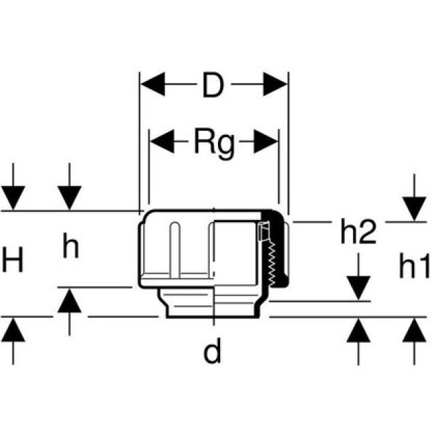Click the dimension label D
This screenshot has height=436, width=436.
(213, 87)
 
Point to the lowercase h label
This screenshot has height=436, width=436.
(70, 248)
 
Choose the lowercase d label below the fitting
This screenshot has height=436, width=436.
(213, 352)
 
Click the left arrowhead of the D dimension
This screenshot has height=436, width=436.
(152, 87)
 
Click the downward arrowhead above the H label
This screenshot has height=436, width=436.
(13, 198)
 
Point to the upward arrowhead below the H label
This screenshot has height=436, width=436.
(13, 330)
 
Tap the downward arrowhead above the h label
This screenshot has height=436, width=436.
(69, 198)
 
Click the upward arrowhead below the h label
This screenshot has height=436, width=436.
(69, 299)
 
